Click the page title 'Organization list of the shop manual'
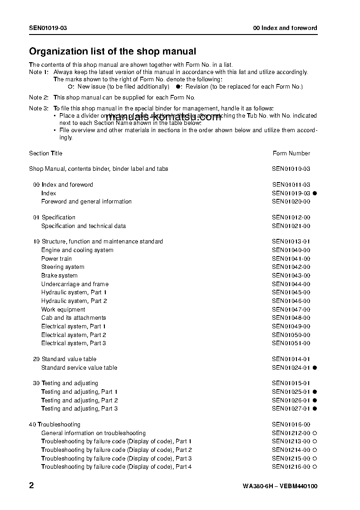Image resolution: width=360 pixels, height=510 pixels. (x=113, y=52)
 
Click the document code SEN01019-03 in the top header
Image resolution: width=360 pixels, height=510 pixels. (x=48, y=28)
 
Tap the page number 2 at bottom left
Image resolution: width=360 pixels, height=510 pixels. (x=31, y=485)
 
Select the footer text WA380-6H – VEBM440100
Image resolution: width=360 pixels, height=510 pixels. (x=280, y=486)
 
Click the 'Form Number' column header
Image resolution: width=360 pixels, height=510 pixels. (x=291, y=153)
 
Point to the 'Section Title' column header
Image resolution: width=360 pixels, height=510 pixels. (x=46, y=153)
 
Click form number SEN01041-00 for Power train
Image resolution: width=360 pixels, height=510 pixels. (x=291, y=259)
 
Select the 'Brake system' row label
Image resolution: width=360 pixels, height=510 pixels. (x=59, y=276)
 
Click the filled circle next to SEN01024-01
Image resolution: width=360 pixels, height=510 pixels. (x=315, y=368)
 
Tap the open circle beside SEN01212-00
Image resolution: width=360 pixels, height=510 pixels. (x=315, y=433)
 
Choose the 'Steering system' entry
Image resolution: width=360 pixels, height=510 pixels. (x=63, y=267)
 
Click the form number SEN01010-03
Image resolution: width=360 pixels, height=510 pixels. (x=291, y=169)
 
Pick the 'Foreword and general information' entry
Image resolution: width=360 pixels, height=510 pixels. (x=86, y=202)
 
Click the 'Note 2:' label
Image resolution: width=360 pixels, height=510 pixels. (x=39, y=98)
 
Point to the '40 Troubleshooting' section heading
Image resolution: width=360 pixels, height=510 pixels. (x=54, y=425)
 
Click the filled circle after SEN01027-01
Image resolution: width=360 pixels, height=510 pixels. (x=315, y=409)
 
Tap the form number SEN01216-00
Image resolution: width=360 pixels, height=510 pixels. (x=291, y=467)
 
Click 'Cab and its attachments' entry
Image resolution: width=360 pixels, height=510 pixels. (x=74, y=318)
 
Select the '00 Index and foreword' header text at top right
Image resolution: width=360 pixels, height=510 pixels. (x=285, y=28)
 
